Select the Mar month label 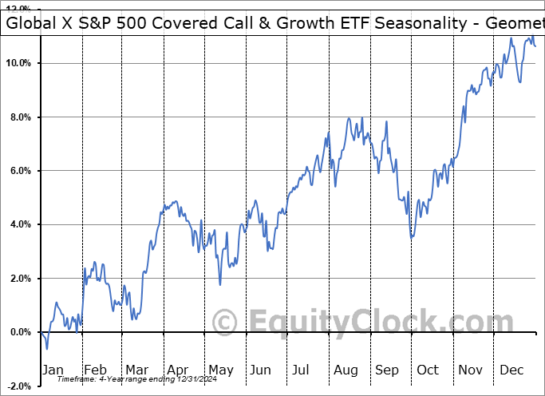(137, 370)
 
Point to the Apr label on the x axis (178, 370)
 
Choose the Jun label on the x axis (261, 370)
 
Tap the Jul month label (301, 370)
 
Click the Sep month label (386, 370)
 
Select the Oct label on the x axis (427, 370)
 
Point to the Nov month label (469, 370)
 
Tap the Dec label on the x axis (511, 370)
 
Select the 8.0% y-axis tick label (19, 117)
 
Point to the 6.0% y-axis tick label (19, 171)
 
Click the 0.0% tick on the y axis (19, 332)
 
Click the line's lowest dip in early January (47, 349)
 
